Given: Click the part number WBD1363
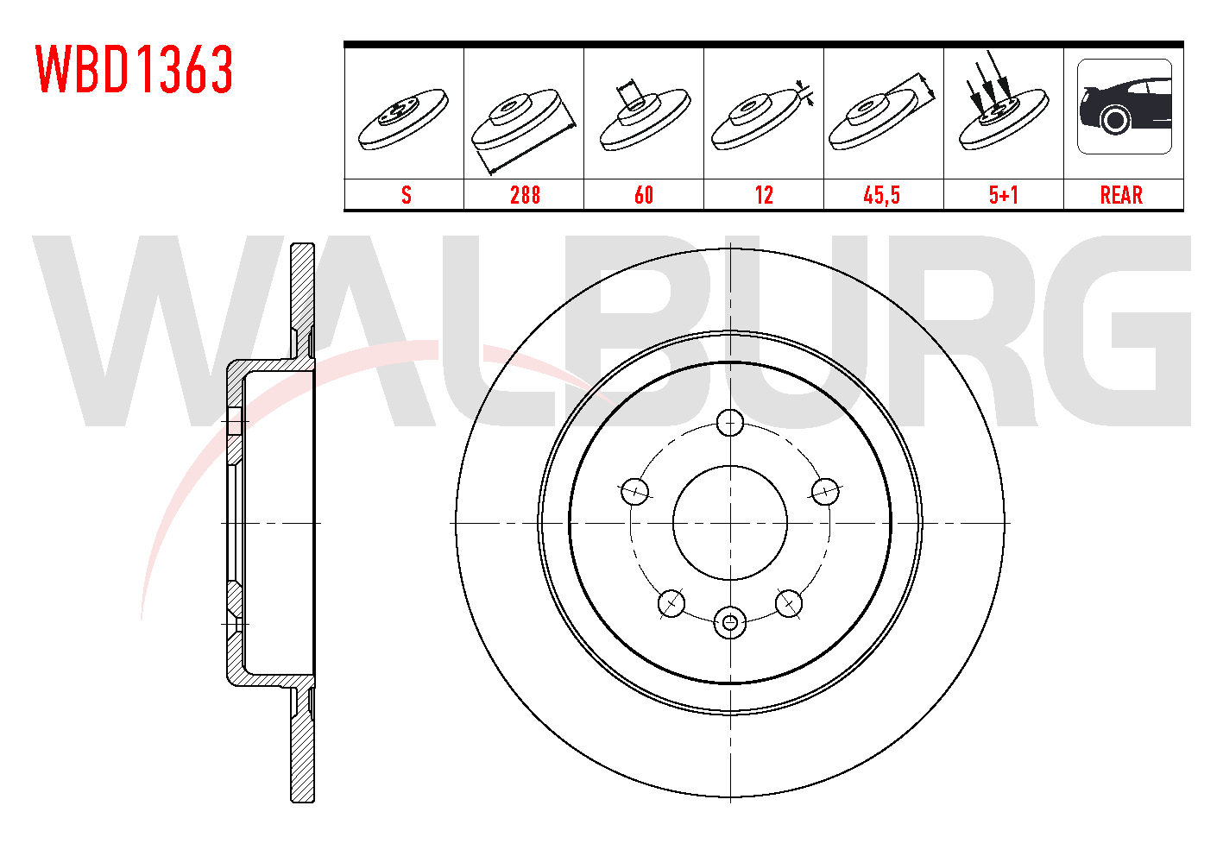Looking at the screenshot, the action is click(135, 69).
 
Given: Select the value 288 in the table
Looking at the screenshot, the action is click(525, 195).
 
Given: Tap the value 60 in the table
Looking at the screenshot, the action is click(644, 195).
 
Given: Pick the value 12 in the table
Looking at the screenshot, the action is click(764, 195).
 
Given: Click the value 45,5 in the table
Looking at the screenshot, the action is click(882, 195).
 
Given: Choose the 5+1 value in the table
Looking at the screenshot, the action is click(1004, 195).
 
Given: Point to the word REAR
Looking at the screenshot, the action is click(1121, 195).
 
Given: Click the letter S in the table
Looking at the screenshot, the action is click(407, 195).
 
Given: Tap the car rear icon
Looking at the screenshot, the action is click(1125, 106).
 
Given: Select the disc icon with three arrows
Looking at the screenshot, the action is click(1004, 106).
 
